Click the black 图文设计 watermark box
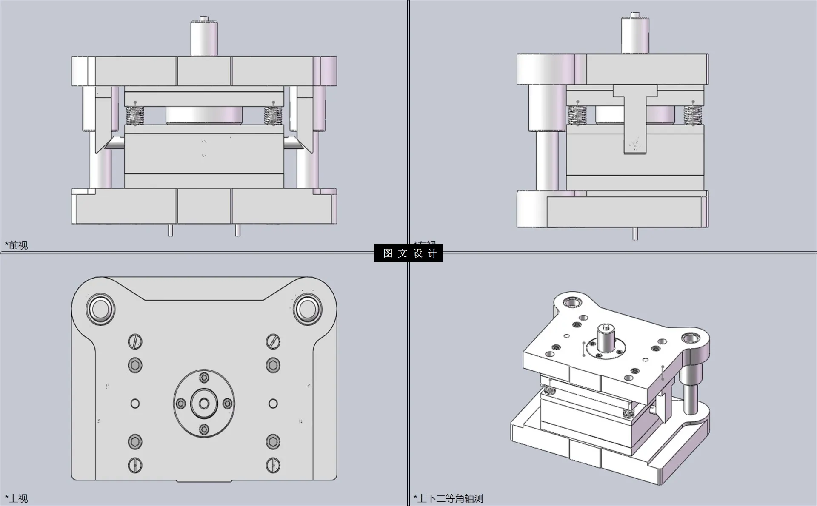pyautogui.click(x=408, y=253)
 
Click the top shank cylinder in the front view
pyautogui.click(x=203, y=37)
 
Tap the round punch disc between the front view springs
pyautogui.click(x=204, y=115)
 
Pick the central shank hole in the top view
pyautogui.click(x=204, y=403)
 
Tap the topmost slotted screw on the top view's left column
pyautogui.click(x=135, y=341)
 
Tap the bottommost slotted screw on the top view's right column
pyautogui.click(x=273, y=465)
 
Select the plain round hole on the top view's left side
pyautogui.click(x=135, y=403)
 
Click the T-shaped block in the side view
pyautogui.click(x=635, y=119)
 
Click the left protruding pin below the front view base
pyautogui.click(x=170, y=230)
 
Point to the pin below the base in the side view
pyautogui.click(x=635, y=234)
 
